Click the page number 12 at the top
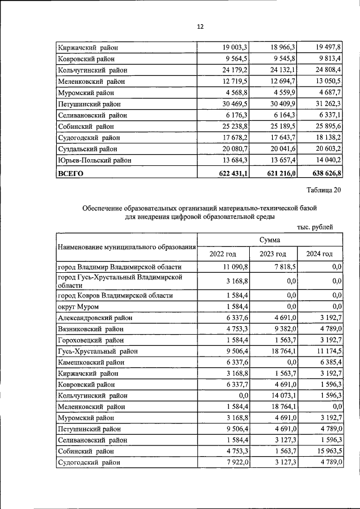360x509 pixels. click(200, 26)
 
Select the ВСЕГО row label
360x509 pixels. click(70, 174)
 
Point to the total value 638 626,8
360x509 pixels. click(324, 174)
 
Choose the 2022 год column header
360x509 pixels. click(223, 254)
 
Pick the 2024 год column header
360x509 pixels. click(319, 254)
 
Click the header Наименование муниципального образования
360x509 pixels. click(127, 247)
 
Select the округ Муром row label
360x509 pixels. click(78, 307)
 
